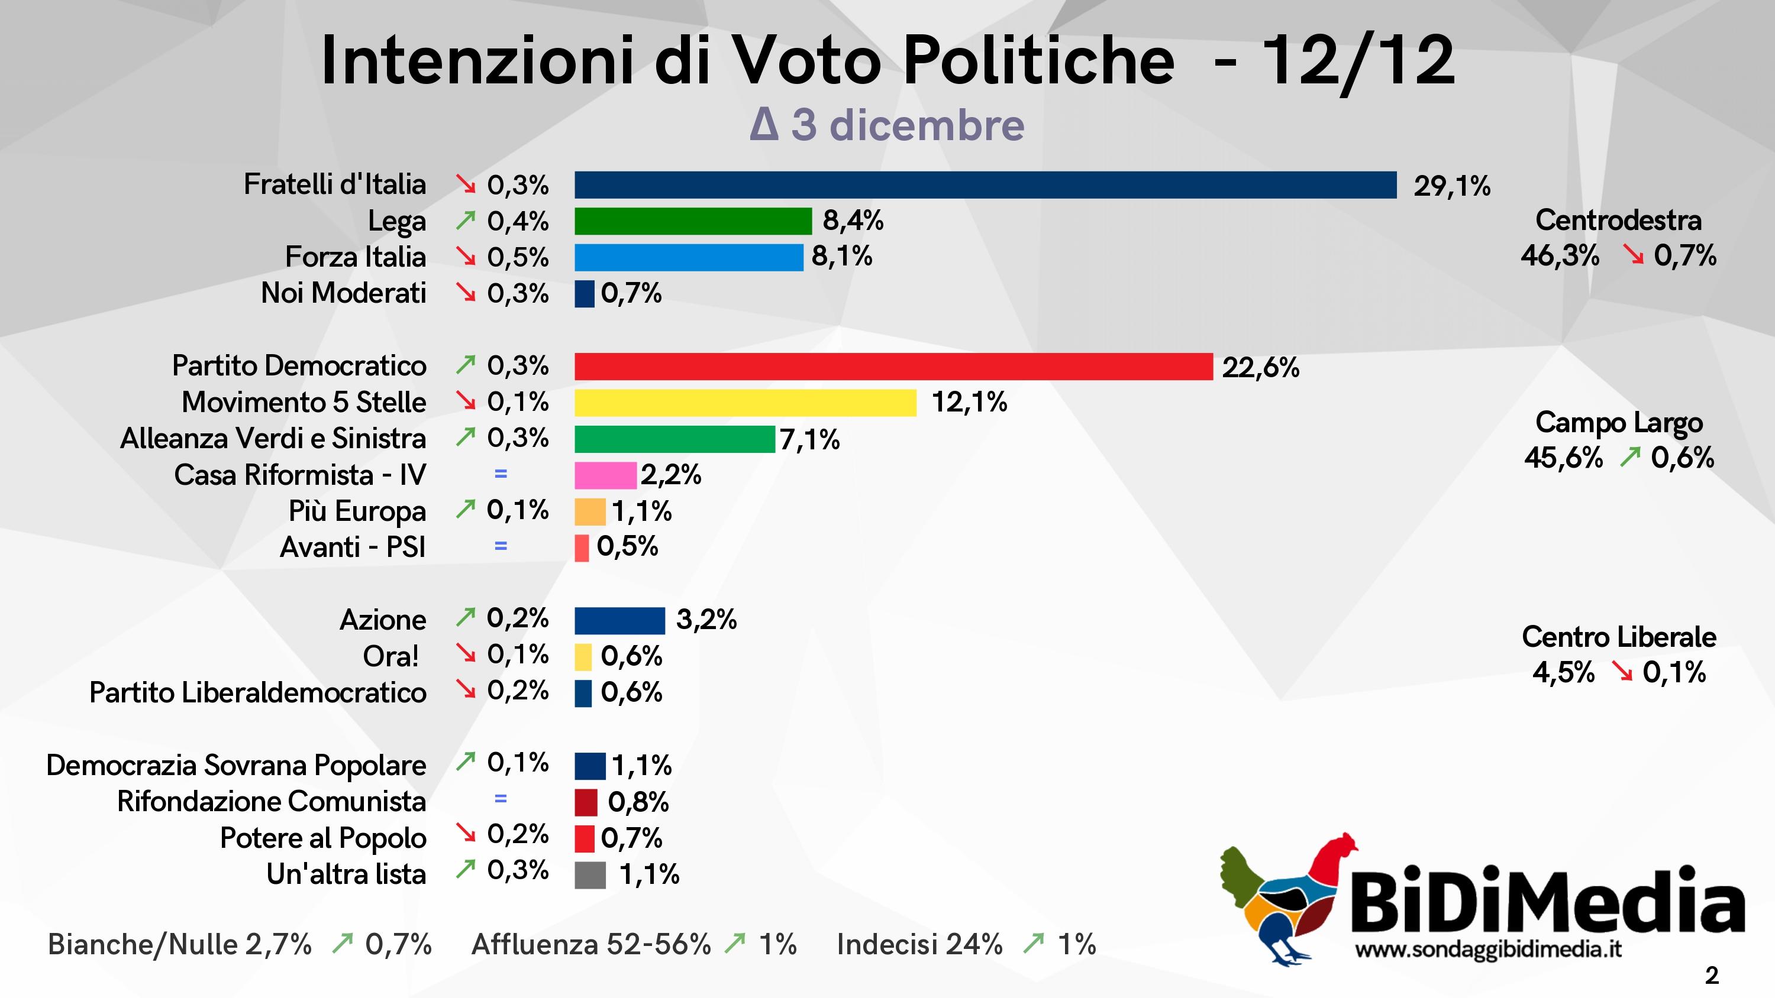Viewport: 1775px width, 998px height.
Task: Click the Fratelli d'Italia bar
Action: pos(985,185)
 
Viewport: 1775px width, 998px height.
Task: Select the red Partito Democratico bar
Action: pos(893,367)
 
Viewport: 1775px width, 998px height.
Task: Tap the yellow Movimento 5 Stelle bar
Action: pos(745,403)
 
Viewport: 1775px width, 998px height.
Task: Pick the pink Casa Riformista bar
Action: pos(605,475)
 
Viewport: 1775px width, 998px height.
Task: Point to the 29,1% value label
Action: pos(1452,186)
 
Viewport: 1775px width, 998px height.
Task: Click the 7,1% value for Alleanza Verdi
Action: pos(809,439)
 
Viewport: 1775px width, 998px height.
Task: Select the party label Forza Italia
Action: pos(356,257)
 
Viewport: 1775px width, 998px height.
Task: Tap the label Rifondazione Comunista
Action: pos(272,802)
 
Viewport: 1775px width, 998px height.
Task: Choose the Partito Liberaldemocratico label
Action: pos(258,693)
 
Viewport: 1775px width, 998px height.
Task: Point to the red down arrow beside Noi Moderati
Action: pos(466,293)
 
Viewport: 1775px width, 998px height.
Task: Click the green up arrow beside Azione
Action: pos(466,618)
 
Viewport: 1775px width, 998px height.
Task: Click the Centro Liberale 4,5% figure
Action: pos(1563,672)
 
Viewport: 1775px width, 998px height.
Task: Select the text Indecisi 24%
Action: pos(919,944)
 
